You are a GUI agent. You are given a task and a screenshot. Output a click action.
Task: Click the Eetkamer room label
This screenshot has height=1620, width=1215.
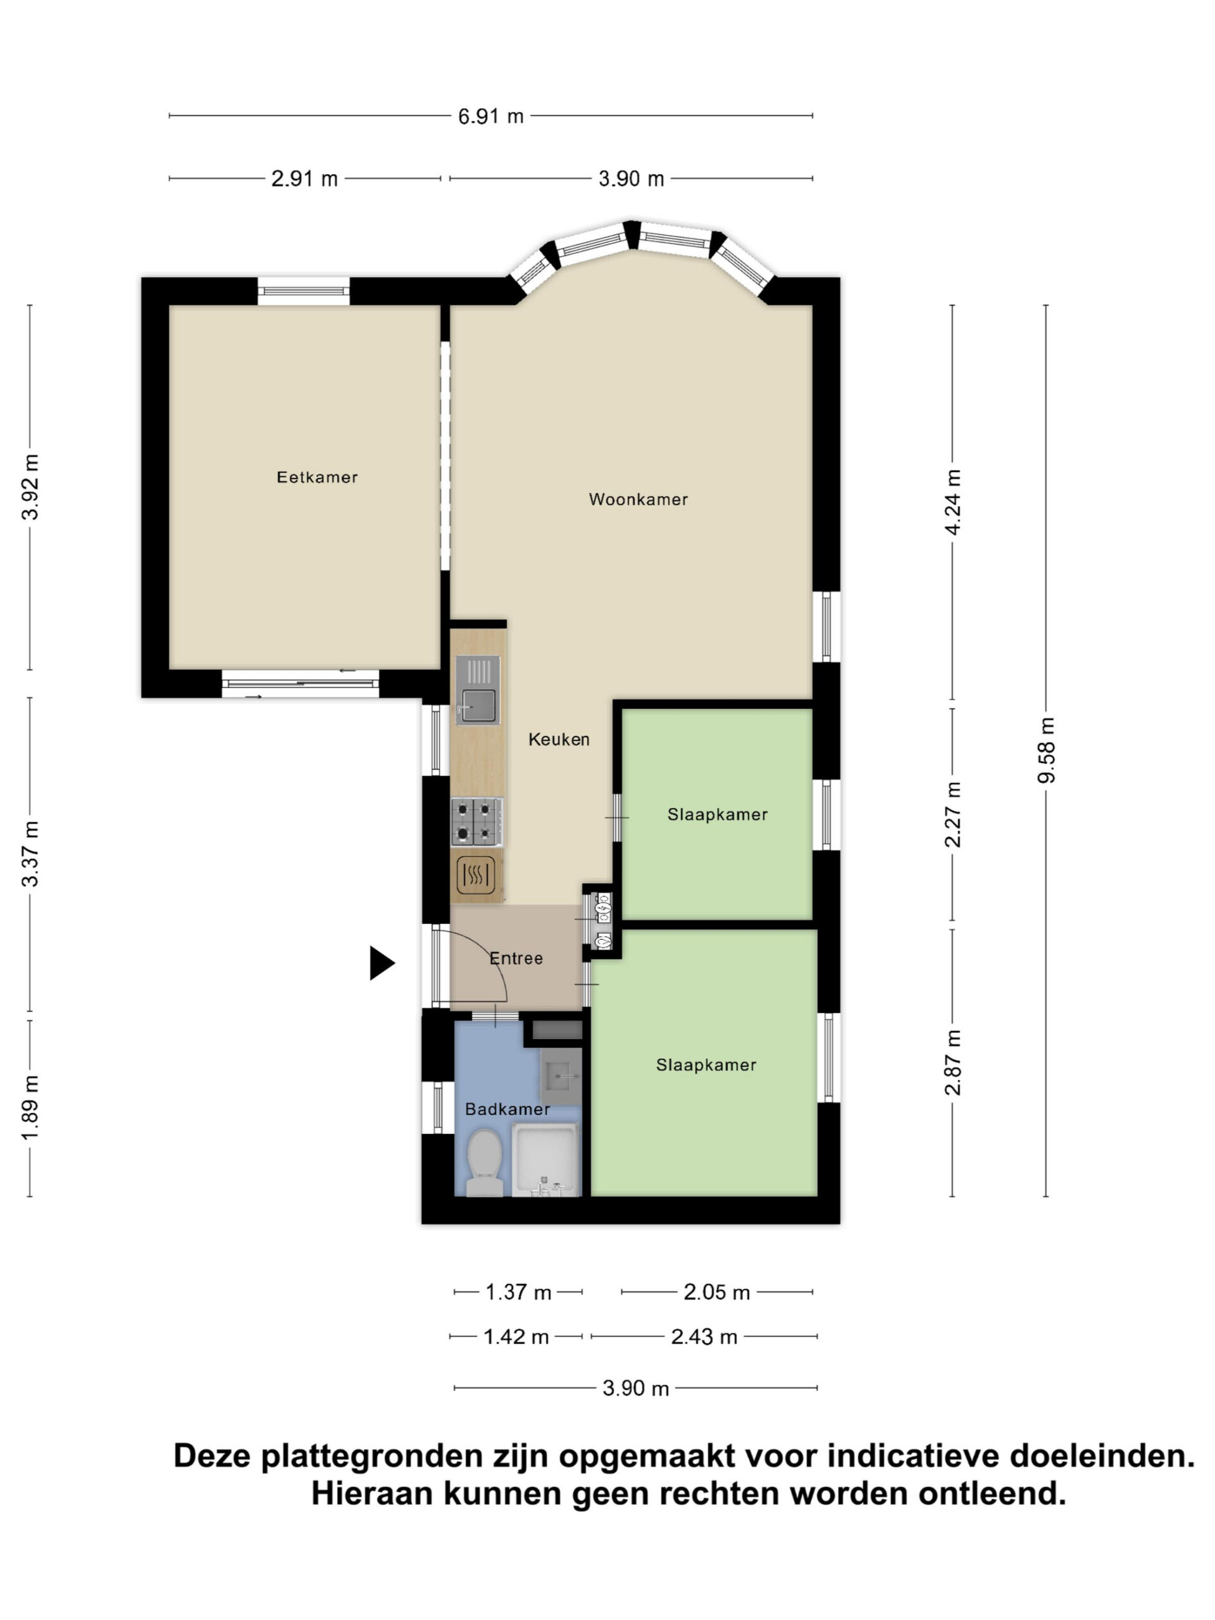tap(317, 478)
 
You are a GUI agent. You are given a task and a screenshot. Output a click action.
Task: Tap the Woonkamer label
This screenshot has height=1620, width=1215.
tap(638, 499)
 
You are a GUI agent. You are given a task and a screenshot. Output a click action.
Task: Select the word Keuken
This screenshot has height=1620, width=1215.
tap(559, 739)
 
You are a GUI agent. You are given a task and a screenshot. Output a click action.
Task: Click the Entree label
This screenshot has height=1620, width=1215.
tap(516, 958)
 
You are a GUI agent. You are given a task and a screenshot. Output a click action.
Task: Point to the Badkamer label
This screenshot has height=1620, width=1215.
tap(508, 1109)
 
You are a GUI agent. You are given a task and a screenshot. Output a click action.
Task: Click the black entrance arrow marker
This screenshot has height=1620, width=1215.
tap(382, 963)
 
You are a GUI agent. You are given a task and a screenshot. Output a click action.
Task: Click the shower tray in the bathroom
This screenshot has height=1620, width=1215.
tap(545, 1161)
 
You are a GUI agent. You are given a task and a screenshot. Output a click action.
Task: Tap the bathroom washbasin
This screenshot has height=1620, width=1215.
tap(561, 1076)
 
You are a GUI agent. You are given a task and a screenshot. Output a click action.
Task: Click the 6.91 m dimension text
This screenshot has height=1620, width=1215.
tap(490, 116)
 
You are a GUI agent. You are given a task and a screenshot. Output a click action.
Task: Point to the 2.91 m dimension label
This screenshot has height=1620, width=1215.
tap(304, 178)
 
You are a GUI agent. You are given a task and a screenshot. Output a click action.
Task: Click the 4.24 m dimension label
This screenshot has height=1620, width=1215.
tap(952, 502)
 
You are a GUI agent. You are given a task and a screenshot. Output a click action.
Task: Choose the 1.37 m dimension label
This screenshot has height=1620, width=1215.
tap(518, 1292)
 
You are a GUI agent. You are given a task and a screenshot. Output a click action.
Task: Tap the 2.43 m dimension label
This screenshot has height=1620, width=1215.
tap(704, 1336)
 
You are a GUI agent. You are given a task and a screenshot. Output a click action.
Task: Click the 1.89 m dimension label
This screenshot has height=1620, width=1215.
tap(29, 1108)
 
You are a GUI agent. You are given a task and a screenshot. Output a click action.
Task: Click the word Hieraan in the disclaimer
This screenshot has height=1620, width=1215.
tap(371, 1493)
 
